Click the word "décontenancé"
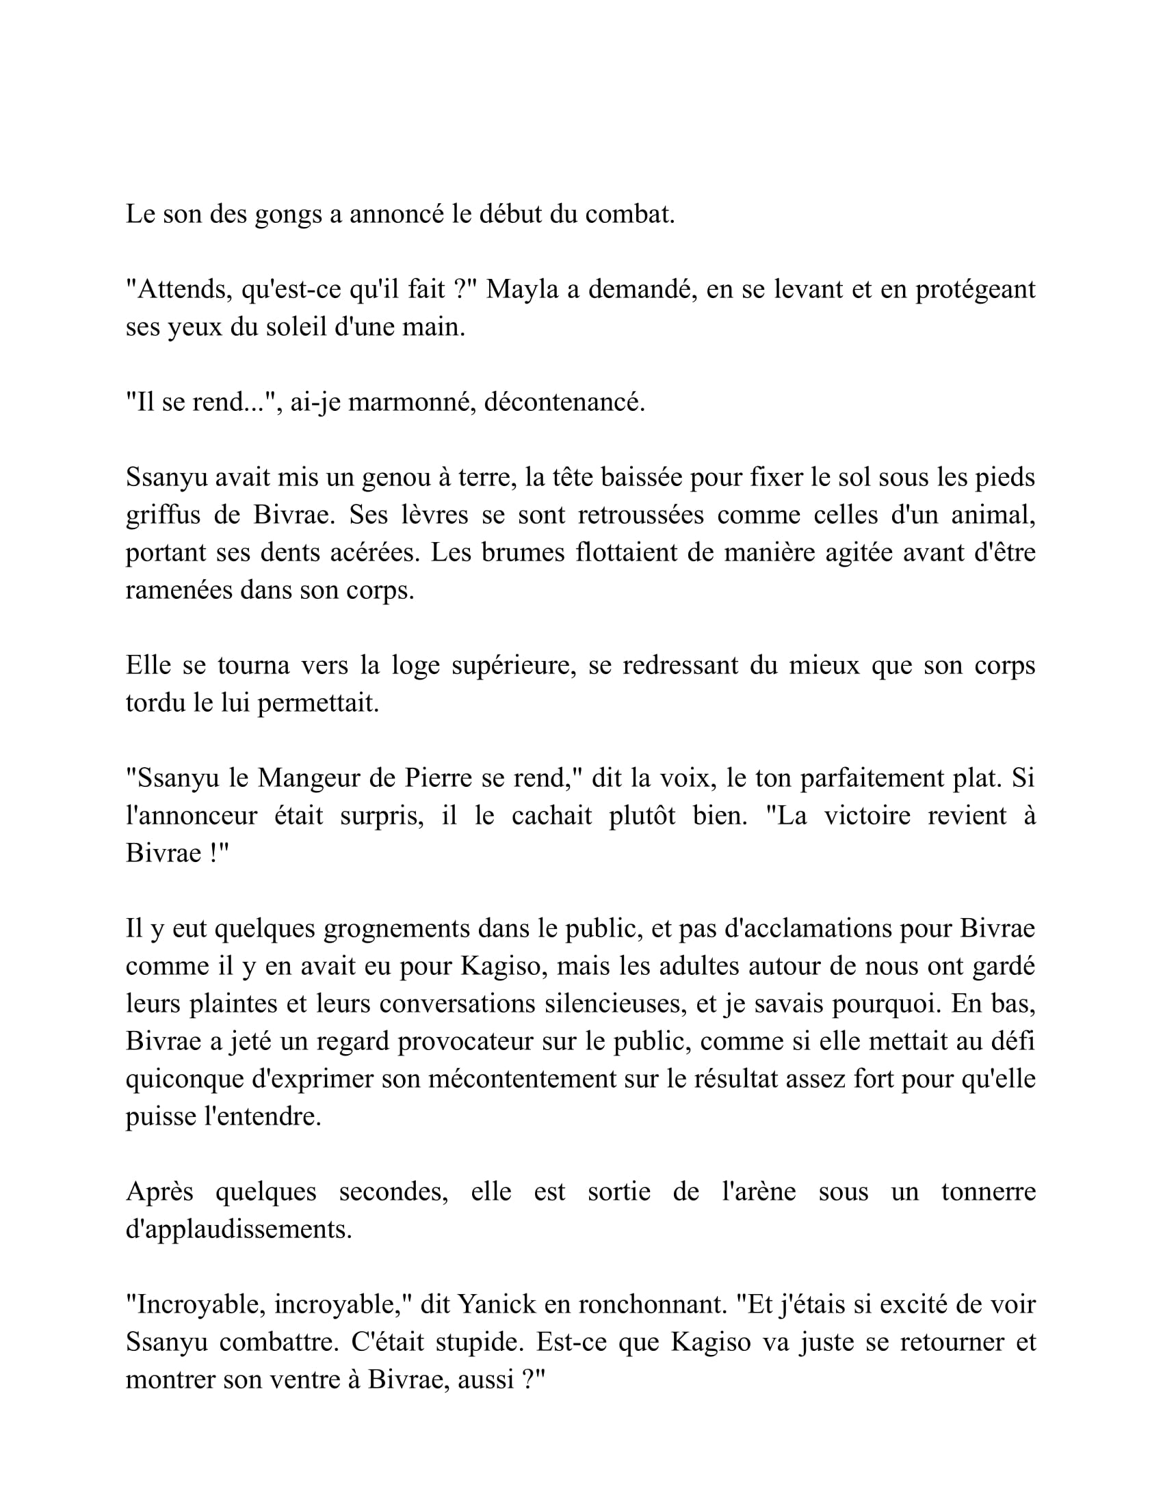click(x=564, y=402)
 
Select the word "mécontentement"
click(x=522, y=1078)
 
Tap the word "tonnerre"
click(x=988, y=1192)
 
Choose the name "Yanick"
click(x=497, y=1304)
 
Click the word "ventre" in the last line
click(x=308, y=1380)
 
